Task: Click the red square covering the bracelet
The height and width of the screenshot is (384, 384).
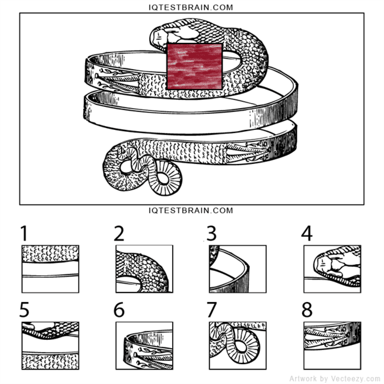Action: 194,66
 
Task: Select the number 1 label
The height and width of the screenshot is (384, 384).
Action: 24,234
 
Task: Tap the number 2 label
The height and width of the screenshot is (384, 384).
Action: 119,234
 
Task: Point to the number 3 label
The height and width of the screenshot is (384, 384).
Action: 212,234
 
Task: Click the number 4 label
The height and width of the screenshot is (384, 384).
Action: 307,234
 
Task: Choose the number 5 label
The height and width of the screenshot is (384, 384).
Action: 24,310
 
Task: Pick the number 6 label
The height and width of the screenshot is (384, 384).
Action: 119,310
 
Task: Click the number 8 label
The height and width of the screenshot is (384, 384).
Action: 307,310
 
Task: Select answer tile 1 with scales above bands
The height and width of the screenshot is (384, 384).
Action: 50,269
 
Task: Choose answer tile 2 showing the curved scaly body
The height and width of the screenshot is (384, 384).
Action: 144,269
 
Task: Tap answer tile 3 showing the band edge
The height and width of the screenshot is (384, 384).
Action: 237,269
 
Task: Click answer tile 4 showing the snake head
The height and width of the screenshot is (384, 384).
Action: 332,269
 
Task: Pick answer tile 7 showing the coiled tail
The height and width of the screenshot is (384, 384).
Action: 237,346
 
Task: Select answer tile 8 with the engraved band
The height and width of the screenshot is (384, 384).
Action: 332,346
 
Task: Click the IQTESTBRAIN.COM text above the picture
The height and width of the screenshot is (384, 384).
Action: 191,7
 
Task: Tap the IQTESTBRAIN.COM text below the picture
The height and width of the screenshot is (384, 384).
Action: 191,210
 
